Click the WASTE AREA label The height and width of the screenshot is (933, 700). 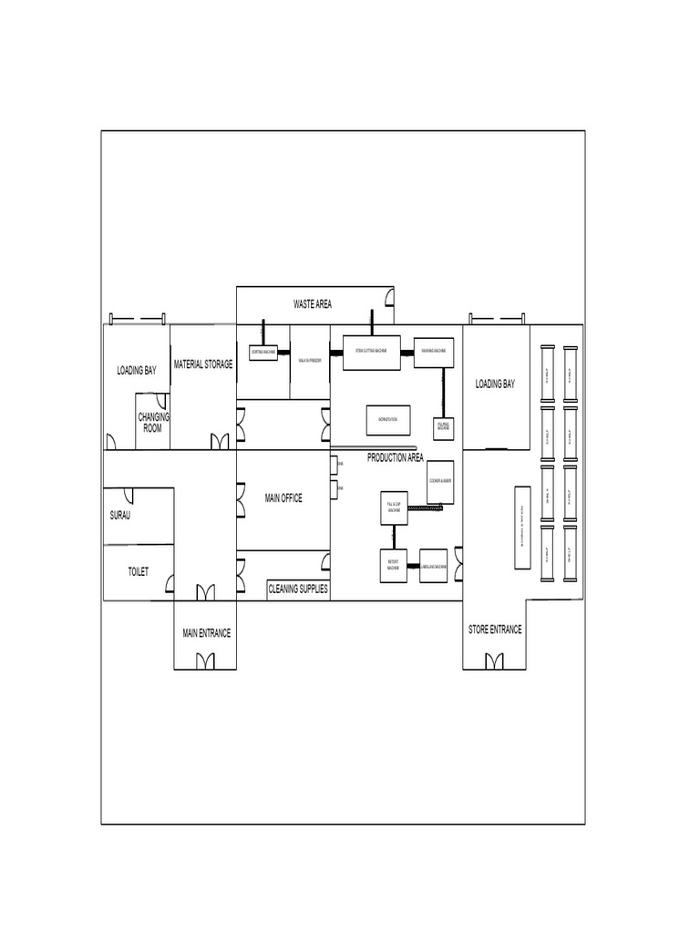312,303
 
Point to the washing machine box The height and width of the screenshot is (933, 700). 433,352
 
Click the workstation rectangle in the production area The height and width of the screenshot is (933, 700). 388,419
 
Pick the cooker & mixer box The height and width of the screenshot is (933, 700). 440,480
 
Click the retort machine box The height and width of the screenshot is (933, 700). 393,566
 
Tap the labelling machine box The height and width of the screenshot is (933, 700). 433,566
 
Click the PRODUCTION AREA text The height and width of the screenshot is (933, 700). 395,457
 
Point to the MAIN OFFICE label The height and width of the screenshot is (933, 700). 283,498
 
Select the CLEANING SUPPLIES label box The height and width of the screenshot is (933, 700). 297,590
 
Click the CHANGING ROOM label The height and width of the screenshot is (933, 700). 153,422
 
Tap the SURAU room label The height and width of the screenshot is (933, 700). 119,516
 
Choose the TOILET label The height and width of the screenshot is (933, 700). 138,572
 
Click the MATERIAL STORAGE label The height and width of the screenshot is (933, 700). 203,364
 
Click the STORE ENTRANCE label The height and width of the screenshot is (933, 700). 495,630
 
